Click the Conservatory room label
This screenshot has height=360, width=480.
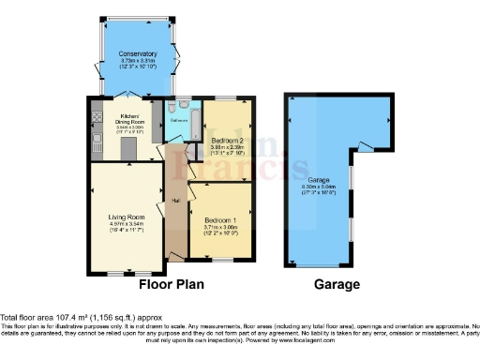pyautogui.click(x=137, y=54)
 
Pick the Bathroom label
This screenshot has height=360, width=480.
pyautogui.click(x=179, y=121)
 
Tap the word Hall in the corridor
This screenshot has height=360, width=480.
pyautogui.click(x=174, y=200)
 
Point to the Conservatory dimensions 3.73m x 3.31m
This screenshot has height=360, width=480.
pyautogui.click(x=137, y=64)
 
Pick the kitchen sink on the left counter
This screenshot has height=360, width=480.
pyautogui.click(x=97, y=142)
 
